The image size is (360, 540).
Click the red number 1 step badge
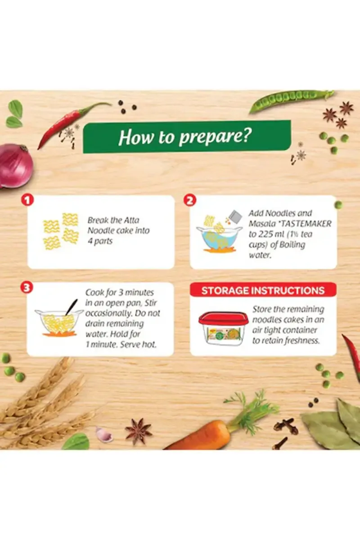pyautogui.click(x=27, y=200)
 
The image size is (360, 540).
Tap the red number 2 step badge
pyautogui.click(x=189, y=201)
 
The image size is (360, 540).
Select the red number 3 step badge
pyautogui.click(x=27, y=288)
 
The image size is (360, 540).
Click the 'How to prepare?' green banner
pyautogui.click(x=187, y=137)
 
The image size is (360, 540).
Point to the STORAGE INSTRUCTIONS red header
pyautogui.click(x=263, y=290)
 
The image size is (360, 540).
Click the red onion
pyautogui.click(x=15, y=166)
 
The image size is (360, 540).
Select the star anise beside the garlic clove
pyautogui.click(x=138, y=428)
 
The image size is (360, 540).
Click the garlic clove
pyautogui.click(x=104, y=434)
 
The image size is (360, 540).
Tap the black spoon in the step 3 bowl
pyautogui.click(x=72, y=307)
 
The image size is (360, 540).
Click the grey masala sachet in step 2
pyautogui.click(x=235, y=216)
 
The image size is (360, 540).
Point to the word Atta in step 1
pyautogui.click(x=131, y=220)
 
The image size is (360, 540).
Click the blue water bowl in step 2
pyautogui.click(x=219, y=238)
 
